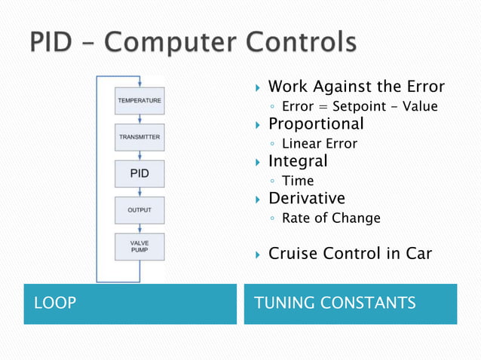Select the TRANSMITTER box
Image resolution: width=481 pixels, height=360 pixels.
tap(139, 137)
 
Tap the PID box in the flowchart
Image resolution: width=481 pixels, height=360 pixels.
tap(139, 174)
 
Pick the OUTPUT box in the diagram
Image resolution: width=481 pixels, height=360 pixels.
tap(139, 210)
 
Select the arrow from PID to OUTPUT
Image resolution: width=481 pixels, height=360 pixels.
tap(139, 192)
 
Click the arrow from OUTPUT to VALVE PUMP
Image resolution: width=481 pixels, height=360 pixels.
tap(139, 229)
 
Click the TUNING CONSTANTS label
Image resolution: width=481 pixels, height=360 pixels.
tap(335, 304)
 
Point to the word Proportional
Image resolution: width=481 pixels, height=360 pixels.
tap(316, 124)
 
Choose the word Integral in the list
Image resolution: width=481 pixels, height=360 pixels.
tap(298, 161)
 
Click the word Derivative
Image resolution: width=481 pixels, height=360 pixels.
tap(306, 199)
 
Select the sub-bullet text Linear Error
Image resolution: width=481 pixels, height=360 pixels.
tap(319, 143)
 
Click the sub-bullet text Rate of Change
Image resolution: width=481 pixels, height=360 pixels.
tap(330, 218)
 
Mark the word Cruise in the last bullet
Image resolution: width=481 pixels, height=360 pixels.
tap(293, 254)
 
